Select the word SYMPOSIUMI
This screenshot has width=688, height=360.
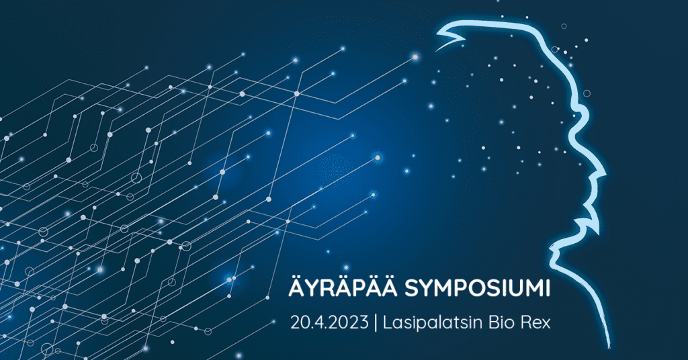tap(477, 289)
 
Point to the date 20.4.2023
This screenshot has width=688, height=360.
tap(329, 323)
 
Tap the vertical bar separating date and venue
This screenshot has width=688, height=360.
tap(376, 323)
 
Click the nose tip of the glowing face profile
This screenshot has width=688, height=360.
tap(605, 177)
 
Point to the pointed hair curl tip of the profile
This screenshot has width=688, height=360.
tap(436, 50)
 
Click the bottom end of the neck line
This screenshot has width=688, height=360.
tap(609, 347)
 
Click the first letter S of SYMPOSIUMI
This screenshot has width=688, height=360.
tap(411, 289)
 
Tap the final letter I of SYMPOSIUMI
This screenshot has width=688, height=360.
tap(548, 289)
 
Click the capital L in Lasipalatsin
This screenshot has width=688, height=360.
tap(388, 323)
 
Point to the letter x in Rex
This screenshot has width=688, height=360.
tap(546, 325)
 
